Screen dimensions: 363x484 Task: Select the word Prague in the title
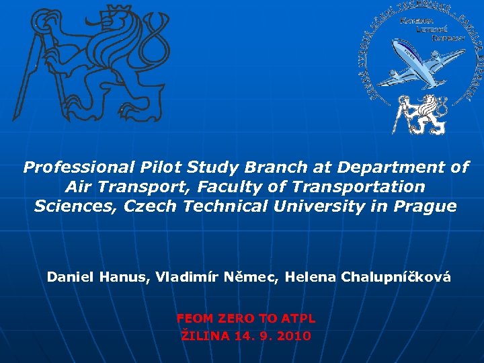(x=425, y=206)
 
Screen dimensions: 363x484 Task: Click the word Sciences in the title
(x=75, y=206)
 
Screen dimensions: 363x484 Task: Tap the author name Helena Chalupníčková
(x=368, y=277)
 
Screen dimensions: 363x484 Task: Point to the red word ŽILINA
(x=204, y=335)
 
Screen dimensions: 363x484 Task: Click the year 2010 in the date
(x=294, y=335)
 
